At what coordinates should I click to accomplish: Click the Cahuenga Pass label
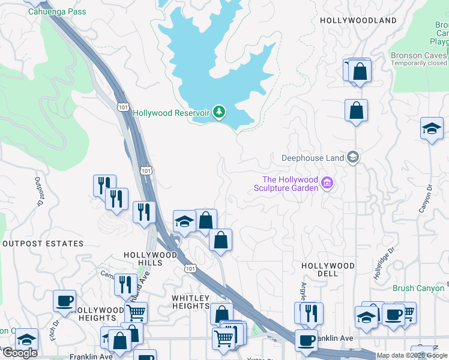point(56,12)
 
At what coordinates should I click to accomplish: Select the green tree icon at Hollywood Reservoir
point(220,112)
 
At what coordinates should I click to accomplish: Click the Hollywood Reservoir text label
point(170,113)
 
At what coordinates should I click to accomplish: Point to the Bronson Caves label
point(418,55)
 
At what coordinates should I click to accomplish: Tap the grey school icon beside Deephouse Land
point(353,158)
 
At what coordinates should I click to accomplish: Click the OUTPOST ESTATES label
point(43,244)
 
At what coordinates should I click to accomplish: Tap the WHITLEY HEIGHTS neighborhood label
point(190,302)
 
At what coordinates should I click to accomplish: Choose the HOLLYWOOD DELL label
point(328,269)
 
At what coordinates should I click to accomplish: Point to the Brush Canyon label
point(418,289)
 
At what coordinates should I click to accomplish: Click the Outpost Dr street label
point(40,191)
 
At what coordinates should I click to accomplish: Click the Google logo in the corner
point(20,353)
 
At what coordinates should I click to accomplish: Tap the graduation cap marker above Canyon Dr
point(432,128)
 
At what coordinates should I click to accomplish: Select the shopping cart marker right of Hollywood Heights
point(136,312)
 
